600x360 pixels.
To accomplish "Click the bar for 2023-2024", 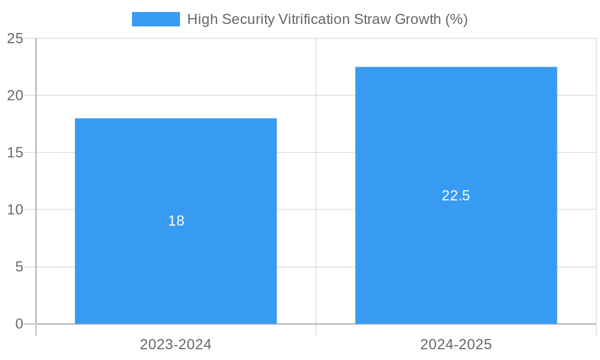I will point(176,270).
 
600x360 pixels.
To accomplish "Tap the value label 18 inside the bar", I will point(176,221).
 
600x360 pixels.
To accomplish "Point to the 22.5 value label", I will point(456,196).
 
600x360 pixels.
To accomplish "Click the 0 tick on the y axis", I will point(19,324).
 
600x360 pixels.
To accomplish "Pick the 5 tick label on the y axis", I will point(19,267).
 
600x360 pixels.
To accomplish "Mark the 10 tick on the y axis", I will point(15,210).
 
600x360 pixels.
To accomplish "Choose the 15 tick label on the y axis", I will point(15,152).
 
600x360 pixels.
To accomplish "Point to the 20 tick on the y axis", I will point(15,95).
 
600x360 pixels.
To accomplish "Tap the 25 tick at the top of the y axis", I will point(15,38).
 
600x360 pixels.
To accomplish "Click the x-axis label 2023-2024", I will point(176,344).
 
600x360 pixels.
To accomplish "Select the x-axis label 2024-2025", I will point(456,344).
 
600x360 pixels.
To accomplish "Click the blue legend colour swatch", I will point(156,19).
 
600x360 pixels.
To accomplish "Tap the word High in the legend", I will point(200,19).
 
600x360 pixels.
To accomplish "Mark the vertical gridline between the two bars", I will point(316,180).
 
